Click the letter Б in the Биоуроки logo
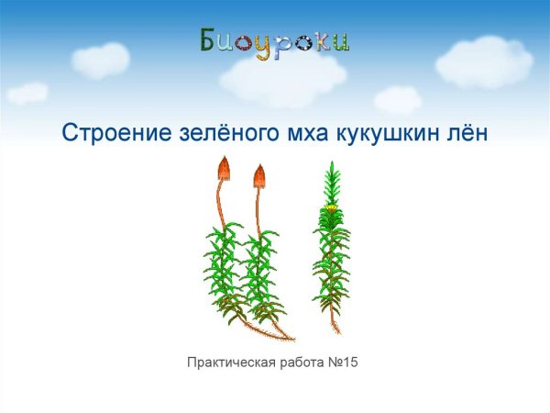coord(210,40)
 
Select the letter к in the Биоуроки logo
coord(322,42)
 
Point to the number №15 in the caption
coord(342,363)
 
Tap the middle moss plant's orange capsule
coord(259,175)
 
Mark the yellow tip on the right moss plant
coord(330,208)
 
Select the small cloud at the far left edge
coord(27,92)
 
